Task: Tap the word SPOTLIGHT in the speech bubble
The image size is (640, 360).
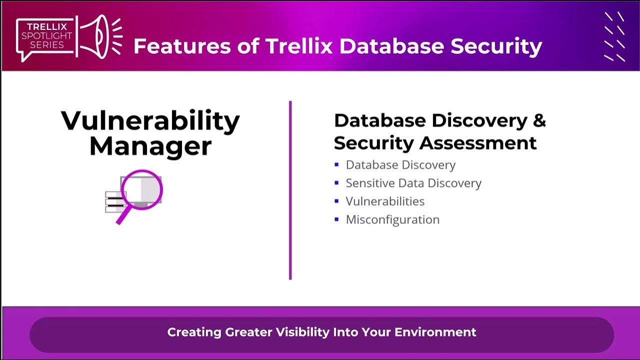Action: tap(46, 36)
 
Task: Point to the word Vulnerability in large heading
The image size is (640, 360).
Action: tap(150, 120)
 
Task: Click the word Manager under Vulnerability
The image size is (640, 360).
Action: tap(150, 146)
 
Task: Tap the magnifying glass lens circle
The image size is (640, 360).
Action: tap(141, 189)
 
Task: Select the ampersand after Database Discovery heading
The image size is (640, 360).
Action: tap(539, 120)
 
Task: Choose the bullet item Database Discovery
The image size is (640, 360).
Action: tap(400, 165)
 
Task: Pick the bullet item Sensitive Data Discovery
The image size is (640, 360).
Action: tap(413, 183)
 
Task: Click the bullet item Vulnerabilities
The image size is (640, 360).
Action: tap(385, 201)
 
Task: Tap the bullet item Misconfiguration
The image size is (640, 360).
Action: tap(392, 219)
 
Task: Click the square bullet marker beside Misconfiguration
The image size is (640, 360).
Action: tap(336, 219)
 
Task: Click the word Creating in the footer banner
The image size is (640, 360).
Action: tap(194, 332)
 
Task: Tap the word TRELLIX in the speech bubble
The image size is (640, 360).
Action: tap(46, 27)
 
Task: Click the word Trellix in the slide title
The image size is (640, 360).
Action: tap(299, 46)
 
